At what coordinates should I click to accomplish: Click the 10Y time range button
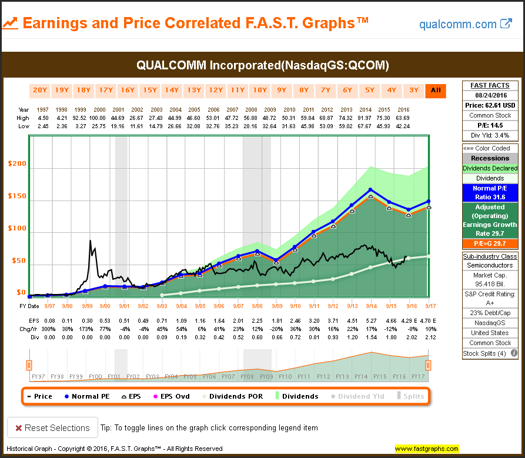(x=259, y=91)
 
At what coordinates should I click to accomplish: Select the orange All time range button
(x=436, y=91)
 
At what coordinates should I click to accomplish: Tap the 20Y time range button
(x=39, y=91)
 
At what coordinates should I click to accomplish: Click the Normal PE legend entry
(x=88, y=396)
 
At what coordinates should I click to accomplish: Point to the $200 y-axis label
(x=16, y=163)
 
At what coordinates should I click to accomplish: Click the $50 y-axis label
(x=18, y=260)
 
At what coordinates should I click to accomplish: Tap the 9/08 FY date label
(x=256, y=306)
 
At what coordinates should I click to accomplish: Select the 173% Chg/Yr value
(x=87, y=329)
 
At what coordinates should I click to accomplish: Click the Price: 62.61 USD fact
(x=490, y=106)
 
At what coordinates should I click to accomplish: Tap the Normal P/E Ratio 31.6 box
(x=490, y=192)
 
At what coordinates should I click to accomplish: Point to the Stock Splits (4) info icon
(x=514, y=353)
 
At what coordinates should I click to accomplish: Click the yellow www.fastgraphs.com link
(x=427, y=449)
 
